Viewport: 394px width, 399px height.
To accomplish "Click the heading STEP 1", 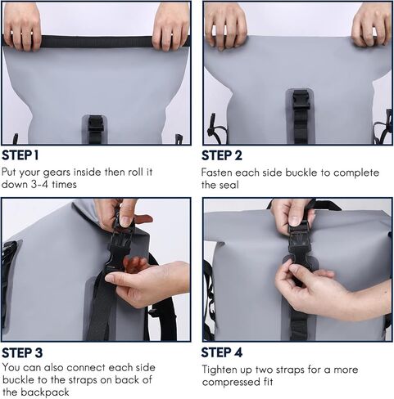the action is point(20,155).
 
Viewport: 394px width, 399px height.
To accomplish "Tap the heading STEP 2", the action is point(222,155).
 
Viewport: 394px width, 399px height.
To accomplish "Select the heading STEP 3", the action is point(22,352).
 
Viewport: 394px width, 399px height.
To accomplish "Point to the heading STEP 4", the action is point(222,352).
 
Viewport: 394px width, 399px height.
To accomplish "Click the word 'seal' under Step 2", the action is point(229,185).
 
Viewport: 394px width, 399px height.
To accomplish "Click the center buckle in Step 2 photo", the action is point(301,101).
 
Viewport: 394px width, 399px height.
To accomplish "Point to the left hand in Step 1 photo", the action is point(22,27).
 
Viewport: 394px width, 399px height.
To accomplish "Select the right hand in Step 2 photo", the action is point(372,25).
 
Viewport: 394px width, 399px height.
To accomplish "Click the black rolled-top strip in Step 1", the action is point(97,42).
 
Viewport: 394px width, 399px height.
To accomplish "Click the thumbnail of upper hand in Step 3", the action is point(126,221).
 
